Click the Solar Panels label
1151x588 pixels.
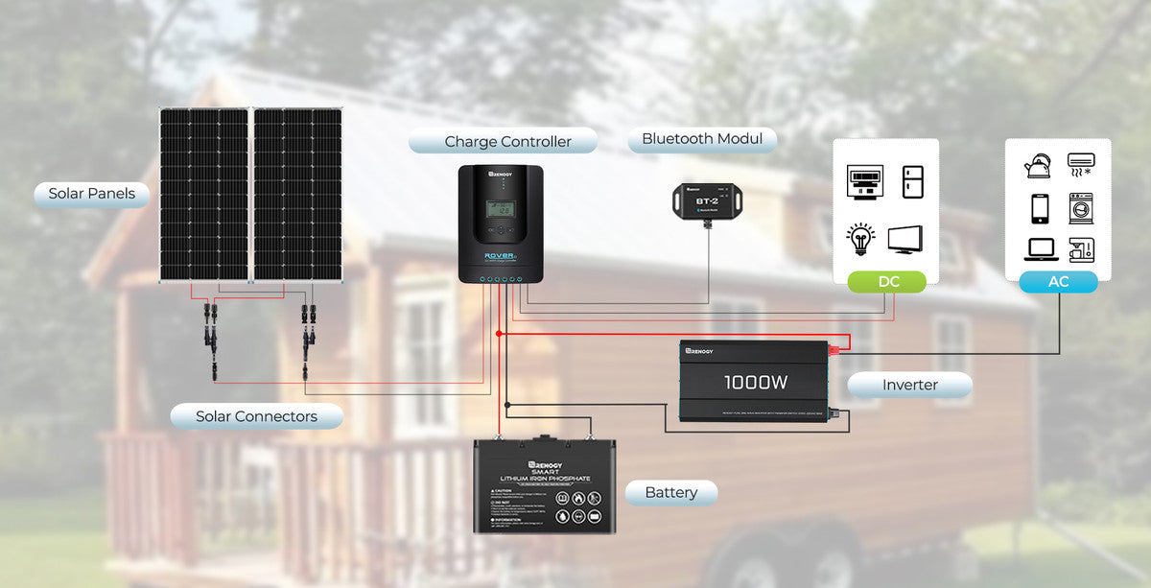pos(91,194)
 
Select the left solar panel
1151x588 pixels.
pos(203,194)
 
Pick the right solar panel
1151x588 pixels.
pos(297,194)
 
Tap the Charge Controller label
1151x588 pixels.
pos(507,142)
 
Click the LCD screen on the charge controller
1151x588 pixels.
pos(500,208)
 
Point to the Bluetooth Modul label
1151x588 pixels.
pos(702,139)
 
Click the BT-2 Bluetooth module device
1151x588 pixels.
pos(707,199)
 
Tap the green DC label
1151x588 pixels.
pos(887,281)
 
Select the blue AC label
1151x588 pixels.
pos(1058,281)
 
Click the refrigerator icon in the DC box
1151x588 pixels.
pos(912,182)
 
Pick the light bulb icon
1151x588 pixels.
pos(860,237)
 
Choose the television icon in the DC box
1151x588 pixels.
pos(906,239)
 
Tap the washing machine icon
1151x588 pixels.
pos(1081,208)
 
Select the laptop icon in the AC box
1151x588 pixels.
pos(1040,249)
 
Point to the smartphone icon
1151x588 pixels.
pos(1040,208)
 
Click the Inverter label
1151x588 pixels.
pos(909,386)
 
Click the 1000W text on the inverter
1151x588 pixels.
pos(756,383)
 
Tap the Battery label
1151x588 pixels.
pos(670,493)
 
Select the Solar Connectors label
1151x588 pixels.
pos(256,416)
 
